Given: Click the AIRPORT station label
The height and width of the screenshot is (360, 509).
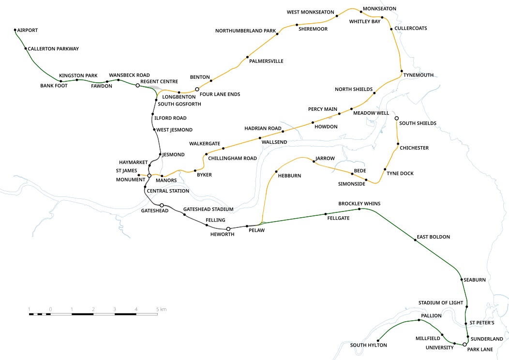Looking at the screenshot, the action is pyautogui.click(x=28, y=30).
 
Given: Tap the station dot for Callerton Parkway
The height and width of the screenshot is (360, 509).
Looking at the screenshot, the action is pyautogui.click(x=26, y=49).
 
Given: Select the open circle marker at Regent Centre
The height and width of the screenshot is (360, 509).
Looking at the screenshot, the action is pyautogui.click(x=137, y=85).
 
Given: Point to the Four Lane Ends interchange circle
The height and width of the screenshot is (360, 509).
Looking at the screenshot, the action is pyautogui.click(x=197, y=89).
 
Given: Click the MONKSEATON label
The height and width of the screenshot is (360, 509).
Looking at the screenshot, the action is pyautogui.click(x=379, y=9).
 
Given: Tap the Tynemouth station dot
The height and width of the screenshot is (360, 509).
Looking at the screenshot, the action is pyautogui.click(x=402, y=71).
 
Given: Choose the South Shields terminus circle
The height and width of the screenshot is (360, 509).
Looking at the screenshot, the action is pyautogui.click(x=396, y=118).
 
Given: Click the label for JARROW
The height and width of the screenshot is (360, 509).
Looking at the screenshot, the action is pyautogui.click(x=325, y=158).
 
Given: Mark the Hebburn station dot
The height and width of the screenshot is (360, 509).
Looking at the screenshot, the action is pyautogui.click(x=276, y=172).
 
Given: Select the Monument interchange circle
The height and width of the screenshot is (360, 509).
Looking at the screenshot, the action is pyautogui.click(x=150, y=176).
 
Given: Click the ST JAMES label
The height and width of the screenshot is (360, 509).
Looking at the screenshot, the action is pyautogui.click(x=127, y=171).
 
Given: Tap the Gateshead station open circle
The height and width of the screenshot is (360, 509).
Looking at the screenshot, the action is pyautogui.click(x=162, y=205).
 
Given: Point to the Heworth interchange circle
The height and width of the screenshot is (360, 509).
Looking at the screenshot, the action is pyautogui.click(x=228, y=229).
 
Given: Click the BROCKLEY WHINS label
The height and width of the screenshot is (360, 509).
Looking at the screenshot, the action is pyautogui.click(x=359, y=204).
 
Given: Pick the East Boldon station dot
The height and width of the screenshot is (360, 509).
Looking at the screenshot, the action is pyautogui.click(x=415, y=240).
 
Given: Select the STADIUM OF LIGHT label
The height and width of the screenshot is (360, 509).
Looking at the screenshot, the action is pyautogui.click(x=441, y=303).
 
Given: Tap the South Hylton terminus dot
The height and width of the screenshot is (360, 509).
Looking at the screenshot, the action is pyautogui.click(x=378, y=341).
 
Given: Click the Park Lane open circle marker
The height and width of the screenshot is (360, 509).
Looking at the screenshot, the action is pyautogui.click(x=464, y=345).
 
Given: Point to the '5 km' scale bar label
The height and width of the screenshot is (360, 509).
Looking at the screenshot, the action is pyautogui.click(x=161, y=309).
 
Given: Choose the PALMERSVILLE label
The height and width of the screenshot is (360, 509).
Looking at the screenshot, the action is pyautogui.click(x=266, y=61).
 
